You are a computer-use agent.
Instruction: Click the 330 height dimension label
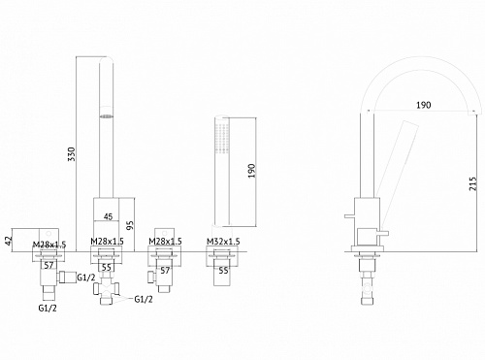pyautogui.click(x=72, y=154)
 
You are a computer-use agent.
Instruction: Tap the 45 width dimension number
pyautogui.click(x=109, y=216)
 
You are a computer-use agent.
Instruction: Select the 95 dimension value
pyautogui.click(x=130, y=225)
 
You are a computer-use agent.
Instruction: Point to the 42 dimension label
pyautogui.click(x=9, y=240)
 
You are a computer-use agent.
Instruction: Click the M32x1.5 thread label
pyautogui.click(x=223, y=242)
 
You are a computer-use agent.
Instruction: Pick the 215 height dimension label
pyautogui.click(x=472, y=183)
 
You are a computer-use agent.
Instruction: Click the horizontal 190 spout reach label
pyautogui.click(x=424, y=105)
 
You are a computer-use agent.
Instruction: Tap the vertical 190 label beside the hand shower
pyautogui.click(x=251, y=171)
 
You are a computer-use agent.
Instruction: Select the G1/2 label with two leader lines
pyautogui.click(x=144, y=299)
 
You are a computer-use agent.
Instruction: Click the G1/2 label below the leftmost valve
pyautogui.click(x=48, y=308)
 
